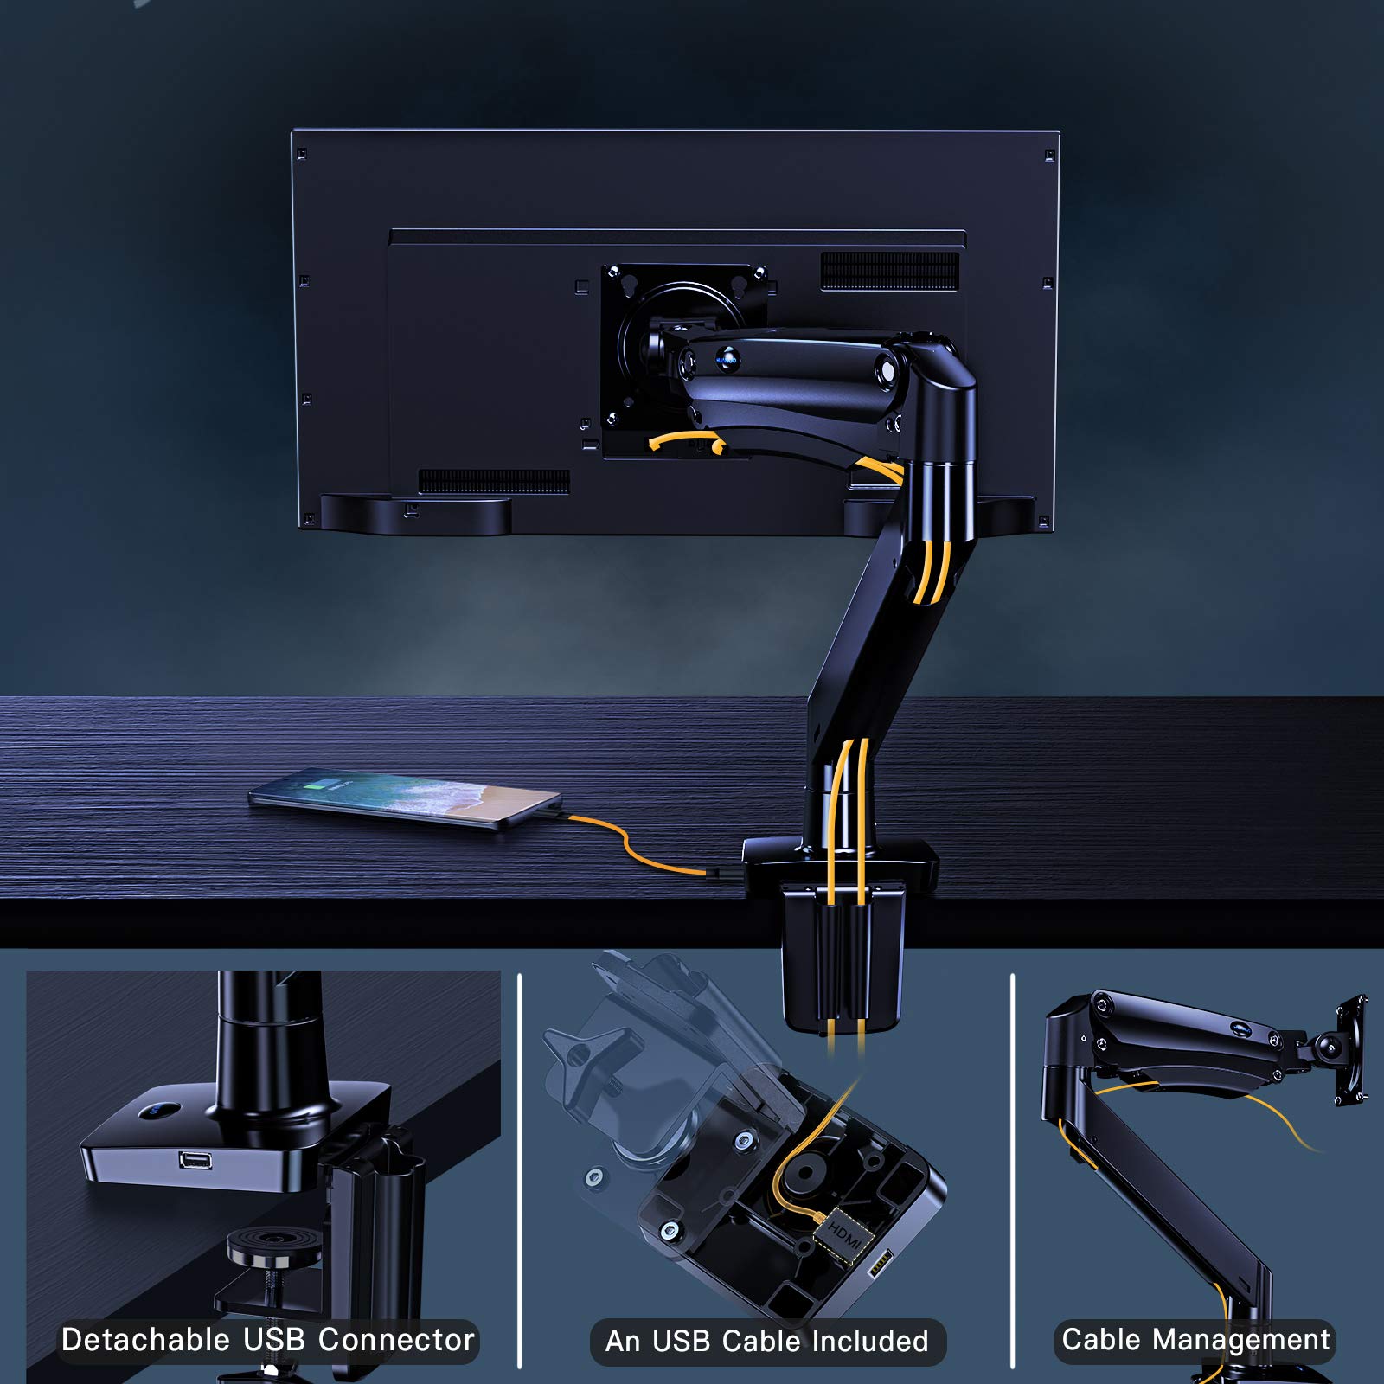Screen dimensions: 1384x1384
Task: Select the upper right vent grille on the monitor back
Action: (x=889, y=272)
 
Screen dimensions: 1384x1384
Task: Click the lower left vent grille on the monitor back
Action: (x=494, y=481)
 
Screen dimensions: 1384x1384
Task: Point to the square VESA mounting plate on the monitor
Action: (x=683, y=359)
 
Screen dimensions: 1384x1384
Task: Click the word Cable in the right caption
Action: (x=1101, y=1339)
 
